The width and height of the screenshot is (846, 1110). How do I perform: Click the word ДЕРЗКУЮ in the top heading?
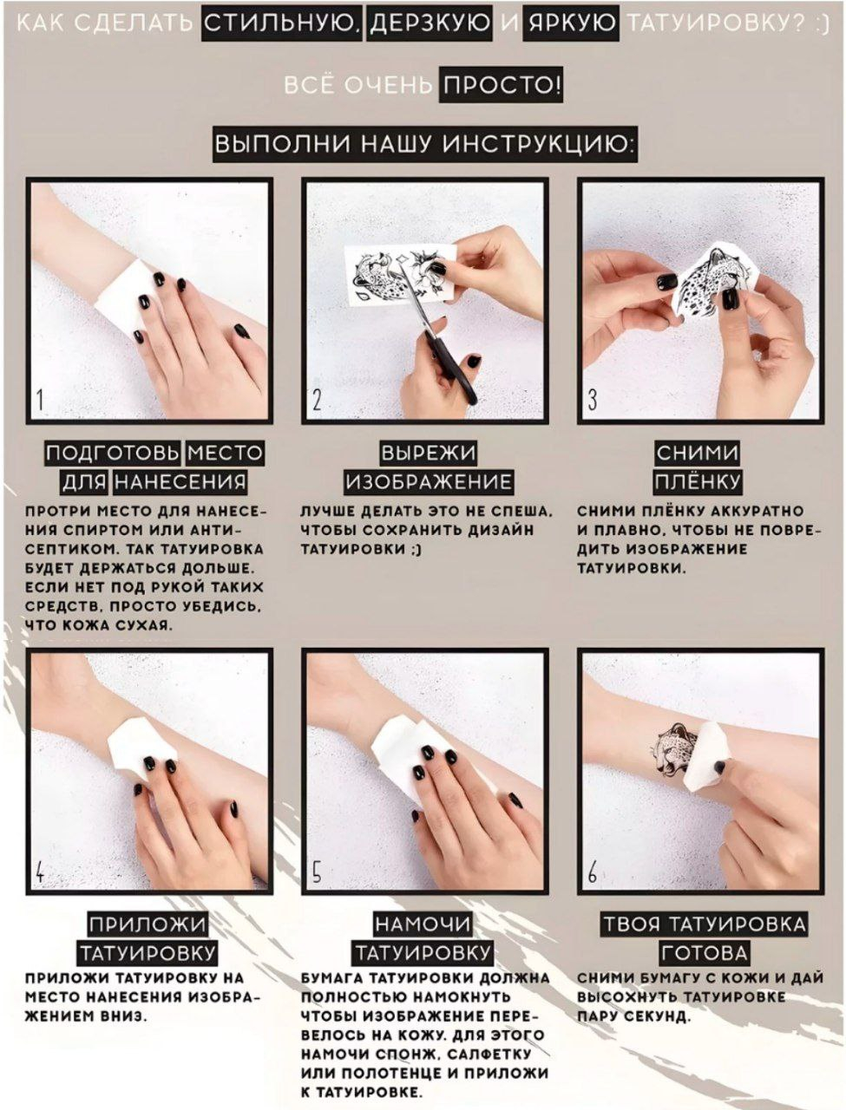coord(429,24)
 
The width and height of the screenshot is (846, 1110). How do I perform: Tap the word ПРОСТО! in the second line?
coord(501,86)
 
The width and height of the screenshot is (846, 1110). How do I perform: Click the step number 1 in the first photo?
coord(40,400)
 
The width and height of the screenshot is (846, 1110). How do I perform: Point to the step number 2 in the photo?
coord(317,400)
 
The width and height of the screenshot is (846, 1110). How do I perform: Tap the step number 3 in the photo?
coord(592,400)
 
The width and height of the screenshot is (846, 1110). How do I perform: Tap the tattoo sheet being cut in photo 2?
coord(400,275)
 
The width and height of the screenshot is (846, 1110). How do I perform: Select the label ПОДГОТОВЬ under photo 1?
coord(112,453)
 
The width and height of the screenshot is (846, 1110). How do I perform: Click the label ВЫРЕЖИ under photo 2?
coord(429,453)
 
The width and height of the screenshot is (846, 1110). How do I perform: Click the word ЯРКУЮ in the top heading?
coord(571,24)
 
